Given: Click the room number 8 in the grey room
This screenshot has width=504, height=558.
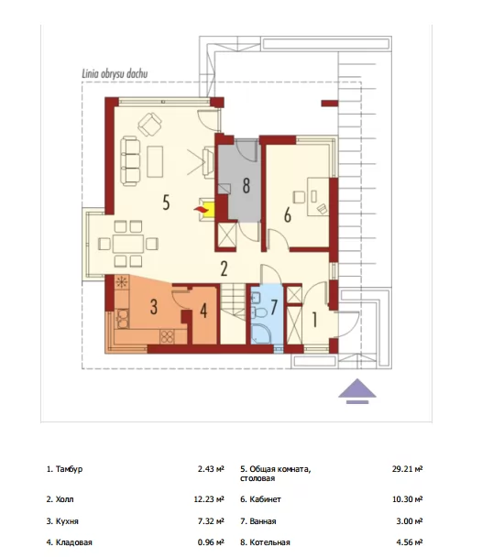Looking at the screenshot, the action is pyautogui.click(x=246, y=185).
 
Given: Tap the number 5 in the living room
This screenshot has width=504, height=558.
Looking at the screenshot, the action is pyautogui.click(x=166, y=202).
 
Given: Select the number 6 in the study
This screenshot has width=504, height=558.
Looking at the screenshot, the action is pyautogui.click(x=287, y=215).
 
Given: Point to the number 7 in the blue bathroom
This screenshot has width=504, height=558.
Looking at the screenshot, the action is pyautogui.click(x=274, y=307).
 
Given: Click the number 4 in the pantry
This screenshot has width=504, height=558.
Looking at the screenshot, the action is pyautogui.click(x=203, y=311).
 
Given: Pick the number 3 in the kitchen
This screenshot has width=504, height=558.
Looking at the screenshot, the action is pyautogui.click(x=153, y=306).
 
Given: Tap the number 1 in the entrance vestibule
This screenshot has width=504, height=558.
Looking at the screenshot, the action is pyautogui.click(x=314, y=319).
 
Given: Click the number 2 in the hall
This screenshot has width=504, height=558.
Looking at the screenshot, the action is pyautogui.click(x=224, y=268).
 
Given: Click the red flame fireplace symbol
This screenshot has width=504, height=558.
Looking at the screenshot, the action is pyautogui.click(x=201, y=210).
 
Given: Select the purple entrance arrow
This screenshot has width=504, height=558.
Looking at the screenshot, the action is pyautogui.click(x=357, y=390).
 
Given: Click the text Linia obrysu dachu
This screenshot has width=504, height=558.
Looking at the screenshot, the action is pyautogui.click(x=115, y=73).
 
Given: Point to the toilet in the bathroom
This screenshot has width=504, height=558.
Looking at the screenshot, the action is pyautogui.click(x=260, y=312).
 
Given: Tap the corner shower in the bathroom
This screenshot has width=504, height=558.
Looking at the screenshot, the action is pyautogui.click(x=260, y=334).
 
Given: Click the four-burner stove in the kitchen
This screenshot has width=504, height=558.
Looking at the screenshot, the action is pyautogui.click(x=167, y=336).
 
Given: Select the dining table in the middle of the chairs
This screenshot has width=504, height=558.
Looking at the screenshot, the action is pyautogui.click(x=128, y=244).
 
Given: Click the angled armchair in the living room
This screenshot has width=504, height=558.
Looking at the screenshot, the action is pyautogui.click(x=150, y=125).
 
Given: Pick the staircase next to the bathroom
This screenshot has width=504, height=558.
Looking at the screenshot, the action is pyautogui.click(x=233, y=313).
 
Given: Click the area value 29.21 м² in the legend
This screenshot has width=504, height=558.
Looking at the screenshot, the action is pyautogui.click(x=407, y=469).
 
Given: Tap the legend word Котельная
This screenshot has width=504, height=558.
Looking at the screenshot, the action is pyautogui.click(x=269, y=542).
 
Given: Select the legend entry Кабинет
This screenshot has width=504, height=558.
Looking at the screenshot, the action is pyautogui.click(x=265, y=499).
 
